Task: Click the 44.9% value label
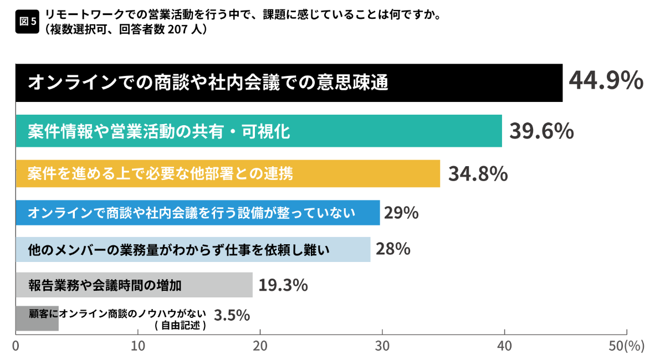(x=606, y=81)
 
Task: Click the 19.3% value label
(x=283, y=285)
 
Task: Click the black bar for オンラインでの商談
(x=289, y=83)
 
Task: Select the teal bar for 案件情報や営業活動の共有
(x=259, y=131)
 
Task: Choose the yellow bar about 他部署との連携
(x=228, y=173)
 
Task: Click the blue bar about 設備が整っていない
(x=198, y=213)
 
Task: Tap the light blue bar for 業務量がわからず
(x=193, y=250)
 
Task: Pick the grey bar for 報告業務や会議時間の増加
(x=134, y=285)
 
